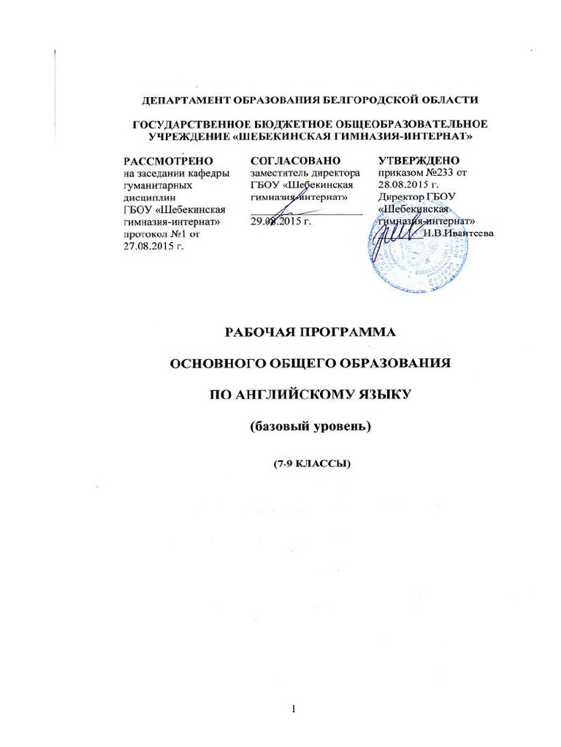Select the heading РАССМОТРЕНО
(168, 160)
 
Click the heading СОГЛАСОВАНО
(295, 160)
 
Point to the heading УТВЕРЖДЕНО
(419, 160)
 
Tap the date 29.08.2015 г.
(281, 221)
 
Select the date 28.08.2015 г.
(409, 185)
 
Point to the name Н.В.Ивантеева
(458, 233)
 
